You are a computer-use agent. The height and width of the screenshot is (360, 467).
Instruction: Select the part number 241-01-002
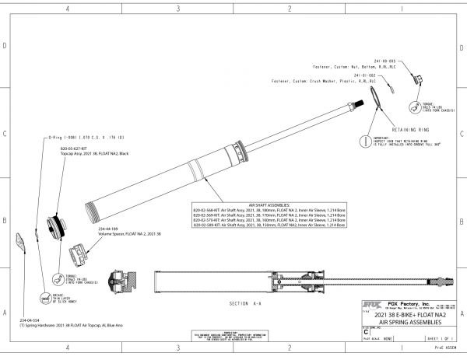[x=375, y=74]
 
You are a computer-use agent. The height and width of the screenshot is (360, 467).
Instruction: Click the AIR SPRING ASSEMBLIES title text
[x=414, y=320]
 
